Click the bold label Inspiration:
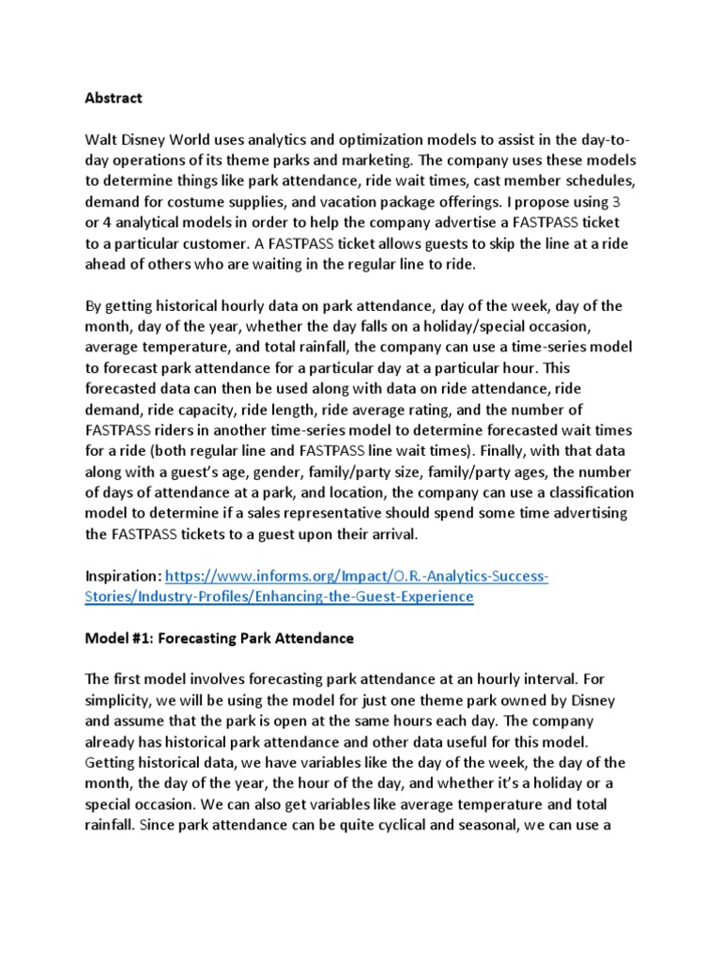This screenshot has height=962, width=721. coord(124,576)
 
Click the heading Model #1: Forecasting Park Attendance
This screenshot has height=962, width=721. coord(220,638)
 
